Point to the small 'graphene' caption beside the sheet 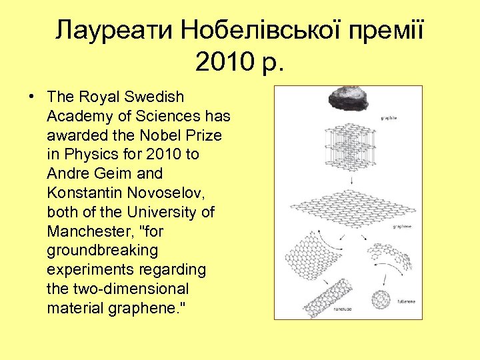tap(402, 227)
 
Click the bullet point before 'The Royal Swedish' tap(33, 97)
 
